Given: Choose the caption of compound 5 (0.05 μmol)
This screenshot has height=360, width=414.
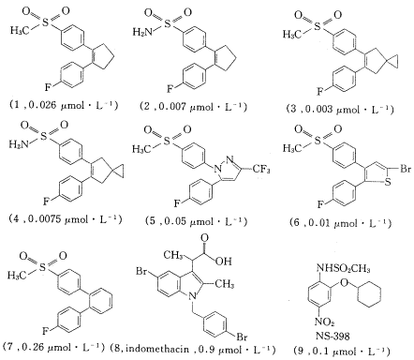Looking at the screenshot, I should click(x=201, y=223).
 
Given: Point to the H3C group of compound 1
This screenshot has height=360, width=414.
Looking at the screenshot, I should click(x=16, y=34).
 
